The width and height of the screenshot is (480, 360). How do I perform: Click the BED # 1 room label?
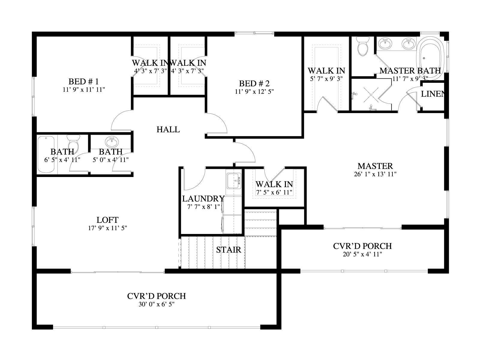[x=83, y=82]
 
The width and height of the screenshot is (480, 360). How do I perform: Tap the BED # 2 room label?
[x=254, y=83]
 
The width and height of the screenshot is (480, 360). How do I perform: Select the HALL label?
[x=168, y=130]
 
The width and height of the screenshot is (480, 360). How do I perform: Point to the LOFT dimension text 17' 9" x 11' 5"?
[x=108, y=228]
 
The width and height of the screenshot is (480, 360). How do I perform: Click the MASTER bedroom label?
[x=375, y=166]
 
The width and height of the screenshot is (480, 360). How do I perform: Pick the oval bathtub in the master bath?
[x=430, y=58]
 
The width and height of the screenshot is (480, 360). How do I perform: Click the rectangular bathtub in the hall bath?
[x=46, y=154]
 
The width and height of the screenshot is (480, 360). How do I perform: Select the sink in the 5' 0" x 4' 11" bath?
[x=112, y=142]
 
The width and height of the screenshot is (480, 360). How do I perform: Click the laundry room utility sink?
[x=234, y=181]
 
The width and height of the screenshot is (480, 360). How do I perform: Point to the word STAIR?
[x=229, y=250]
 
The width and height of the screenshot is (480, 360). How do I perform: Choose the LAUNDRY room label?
[x=203, y=199]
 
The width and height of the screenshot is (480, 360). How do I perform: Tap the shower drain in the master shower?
[x=371, y=94]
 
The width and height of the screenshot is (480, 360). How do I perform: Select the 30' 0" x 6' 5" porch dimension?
[x=157, y=304]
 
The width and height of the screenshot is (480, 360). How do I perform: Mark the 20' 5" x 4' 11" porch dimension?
[x=362, y=254]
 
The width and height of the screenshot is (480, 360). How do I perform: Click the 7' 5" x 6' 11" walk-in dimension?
[x=274, y=192]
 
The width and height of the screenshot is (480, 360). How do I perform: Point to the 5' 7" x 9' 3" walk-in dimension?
[x=326, y=79]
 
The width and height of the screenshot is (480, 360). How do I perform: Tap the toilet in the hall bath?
[x=73, y=142]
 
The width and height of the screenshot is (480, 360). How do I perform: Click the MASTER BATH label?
[x=410, y=70]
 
